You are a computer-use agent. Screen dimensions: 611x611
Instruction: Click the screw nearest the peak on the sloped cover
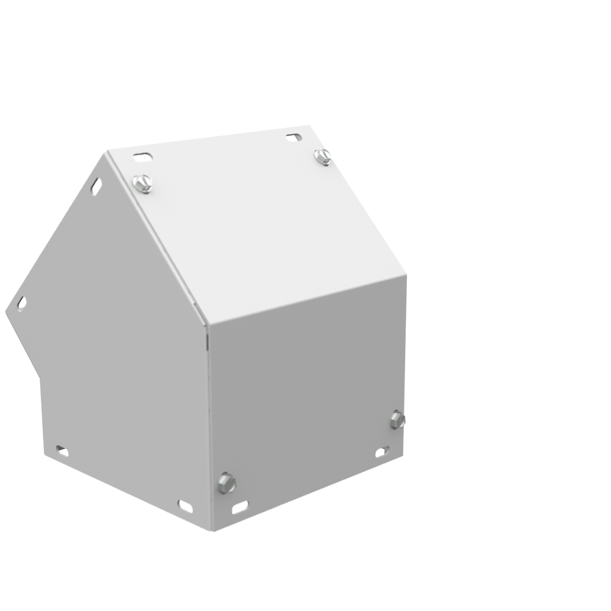(142, 183)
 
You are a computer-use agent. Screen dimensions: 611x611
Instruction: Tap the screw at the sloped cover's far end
(323, 156)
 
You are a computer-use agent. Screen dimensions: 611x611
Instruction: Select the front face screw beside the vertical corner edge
(227, 483)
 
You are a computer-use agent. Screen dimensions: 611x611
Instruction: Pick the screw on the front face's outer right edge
(397, 420)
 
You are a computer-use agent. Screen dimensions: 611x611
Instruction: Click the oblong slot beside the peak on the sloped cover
(142, 158)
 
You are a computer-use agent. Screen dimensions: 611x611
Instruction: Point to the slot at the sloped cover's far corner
(294, 137)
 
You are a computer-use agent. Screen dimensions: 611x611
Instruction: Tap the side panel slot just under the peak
(97, 186)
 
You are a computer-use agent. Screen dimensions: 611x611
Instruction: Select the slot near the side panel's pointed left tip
(21, 303)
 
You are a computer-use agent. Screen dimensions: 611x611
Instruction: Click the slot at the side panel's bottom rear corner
(62, 452)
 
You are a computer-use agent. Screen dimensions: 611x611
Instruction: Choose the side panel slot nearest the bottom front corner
(185, 506)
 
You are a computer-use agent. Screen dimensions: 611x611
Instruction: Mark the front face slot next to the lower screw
(240, 507)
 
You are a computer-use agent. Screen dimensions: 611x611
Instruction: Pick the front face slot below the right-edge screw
(382, 452)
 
